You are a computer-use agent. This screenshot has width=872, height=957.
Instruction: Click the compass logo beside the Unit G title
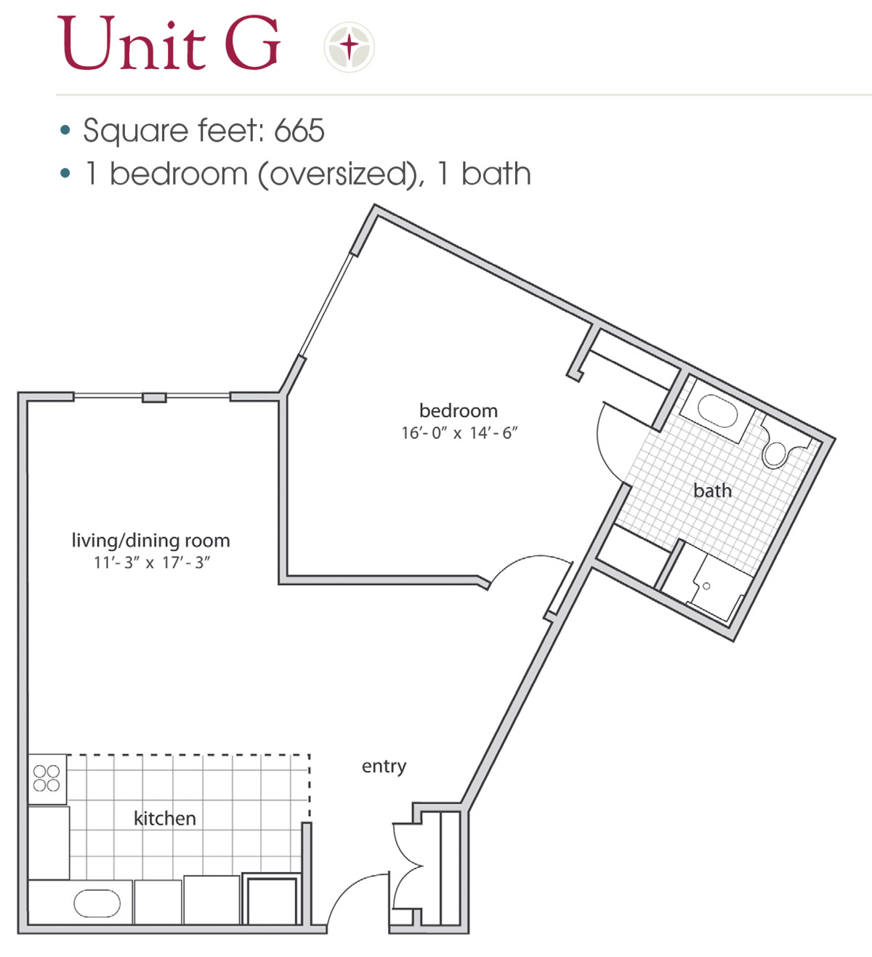[x=350, y=47]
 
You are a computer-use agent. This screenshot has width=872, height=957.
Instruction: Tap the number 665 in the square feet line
[x=299, y=132]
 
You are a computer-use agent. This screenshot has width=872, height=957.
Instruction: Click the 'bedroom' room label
[x=459, y=411]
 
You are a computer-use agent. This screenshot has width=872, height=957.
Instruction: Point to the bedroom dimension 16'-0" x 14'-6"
[x=459, y=433]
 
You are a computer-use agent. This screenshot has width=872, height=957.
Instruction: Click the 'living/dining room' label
[x=150, y=541]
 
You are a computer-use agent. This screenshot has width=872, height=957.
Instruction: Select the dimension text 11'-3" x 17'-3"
[x=151, y=562]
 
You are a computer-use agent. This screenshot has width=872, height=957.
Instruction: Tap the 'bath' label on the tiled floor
[x=712, y=491]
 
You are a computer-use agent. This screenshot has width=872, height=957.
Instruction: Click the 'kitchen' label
[x=165, y=819]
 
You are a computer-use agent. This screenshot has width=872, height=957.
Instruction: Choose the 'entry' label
[x=384, y=767]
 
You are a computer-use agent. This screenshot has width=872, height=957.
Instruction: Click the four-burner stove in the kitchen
[x=47, y=778]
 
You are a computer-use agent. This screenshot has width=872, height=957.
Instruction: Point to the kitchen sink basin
[x=97, y=904]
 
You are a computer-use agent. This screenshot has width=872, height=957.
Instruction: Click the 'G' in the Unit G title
[x=252, y=45]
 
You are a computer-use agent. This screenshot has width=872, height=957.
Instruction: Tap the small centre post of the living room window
[x=154, y=397]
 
